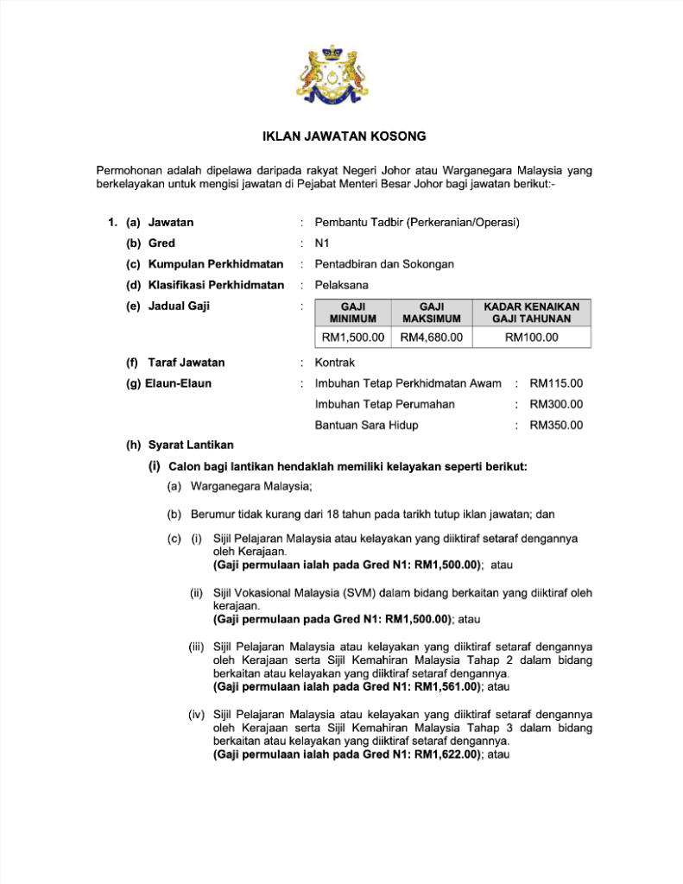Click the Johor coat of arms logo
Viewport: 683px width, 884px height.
click(341, 74)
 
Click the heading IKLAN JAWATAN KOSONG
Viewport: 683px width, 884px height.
click(344, 136)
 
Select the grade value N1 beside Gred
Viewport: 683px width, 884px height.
click(322, 243)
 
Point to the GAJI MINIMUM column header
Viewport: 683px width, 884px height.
click(353, 313)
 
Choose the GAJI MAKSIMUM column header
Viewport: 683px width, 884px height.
click(432, 313)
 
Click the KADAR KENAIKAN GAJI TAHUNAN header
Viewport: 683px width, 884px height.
click(531, 313)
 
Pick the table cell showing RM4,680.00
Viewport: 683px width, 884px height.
click(432, 338)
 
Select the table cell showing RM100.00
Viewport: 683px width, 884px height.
click(531, 338)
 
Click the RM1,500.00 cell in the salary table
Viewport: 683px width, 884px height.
click(353, 338)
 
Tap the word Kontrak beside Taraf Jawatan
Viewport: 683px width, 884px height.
click(335, 363)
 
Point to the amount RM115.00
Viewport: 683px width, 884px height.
click(556, 383)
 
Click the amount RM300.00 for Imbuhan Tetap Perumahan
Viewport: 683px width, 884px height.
click(556, 404)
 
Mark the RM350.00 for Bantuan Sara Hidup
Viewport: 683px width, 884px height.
click(556, 425)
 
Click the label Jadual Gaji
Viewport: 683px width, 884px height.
click(179, 306)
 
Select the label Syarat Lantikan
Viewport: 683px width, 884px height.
click(191, 445)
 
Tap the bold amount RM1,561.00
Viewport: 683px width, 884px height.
click(446, 687)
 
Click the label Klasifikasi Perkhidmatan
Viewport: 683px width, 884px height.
click(216, 285)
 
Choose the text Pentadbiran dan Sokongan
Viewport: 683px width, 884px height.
click(384, 264)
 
